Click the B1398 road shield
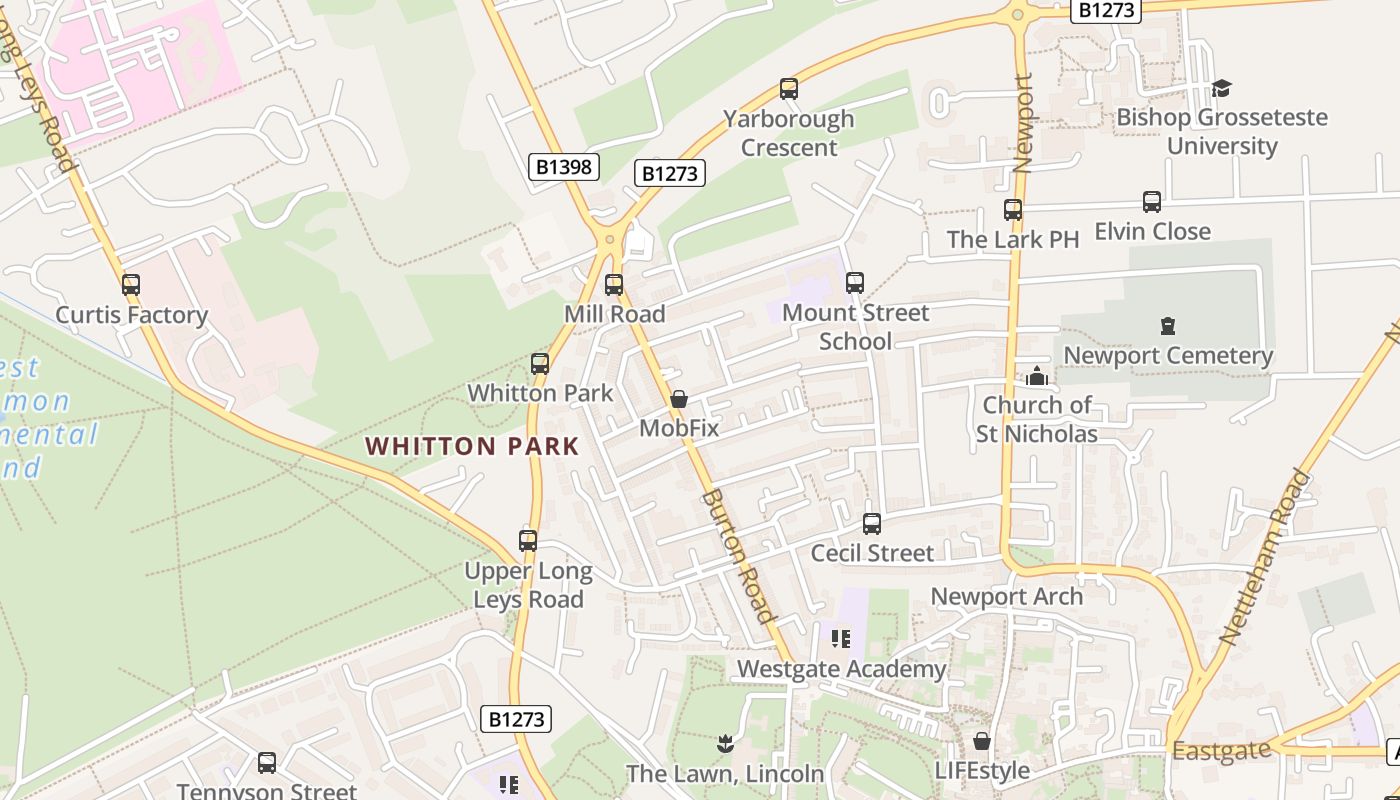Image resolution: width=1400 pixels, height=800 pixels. (x=563, y=167)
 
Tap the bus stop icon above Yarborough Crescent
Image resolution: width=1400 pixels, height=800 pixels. (x=789, y=89)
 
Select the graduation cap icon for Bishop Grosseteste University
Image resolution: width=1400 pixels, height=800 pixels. (x=1221, y=88)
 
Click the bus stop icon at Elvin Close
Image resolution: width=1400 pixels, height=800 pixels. (x=1152, y=202)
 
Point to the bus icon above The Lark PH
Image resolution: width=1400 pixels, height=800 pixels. (x=1013, y=210)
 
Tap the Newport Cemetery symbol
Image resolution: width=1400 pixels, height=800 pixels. (x=1167, y=326)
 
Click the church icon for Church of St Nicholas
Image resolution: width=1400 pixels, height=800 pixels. (x=1037, y=376)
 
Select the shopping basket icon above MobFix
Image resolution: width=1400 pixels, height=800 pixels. (x=679, y=399)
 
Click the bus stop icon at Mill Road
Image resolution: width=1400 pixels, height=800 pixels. (x=614, y=285)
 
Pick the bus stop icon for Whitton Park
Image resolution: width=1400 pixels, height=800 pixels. (x=540, y=364)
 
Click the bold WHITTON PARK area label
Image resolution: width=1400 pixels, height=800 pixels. (x=472, y=446)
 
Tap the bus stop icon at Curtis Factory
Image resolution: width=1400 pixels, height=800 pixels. (x=131, y=285)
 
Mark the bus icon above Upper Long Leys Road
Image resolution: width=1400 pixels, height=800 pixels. (x=528, y=541)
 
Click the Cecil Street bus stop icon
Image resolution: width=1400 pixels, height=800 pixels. (x=872, y=524)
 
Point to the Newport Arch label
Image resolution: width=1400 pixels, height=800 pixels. (x=1006, y=597)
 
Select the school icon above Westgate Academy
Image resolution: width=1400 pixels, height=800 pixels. (x=841, y=638)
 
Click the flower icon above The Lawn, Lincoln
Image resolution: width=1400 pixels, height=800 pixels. (x=726, y=743)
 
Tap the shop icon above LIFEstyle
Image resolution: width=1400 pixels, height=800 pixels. (x=982, y=741)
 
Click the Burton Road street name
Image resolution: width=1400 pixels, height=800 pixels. (x=738, y=555)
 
